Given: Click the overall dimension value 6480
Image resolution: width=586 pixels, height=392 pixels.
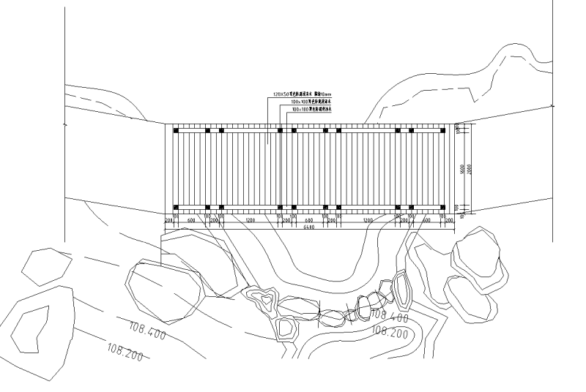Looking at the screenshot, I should click(308, 227).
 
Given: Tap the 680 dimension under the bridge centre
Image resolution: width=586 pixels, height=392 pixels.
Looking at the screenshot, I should click(308, 219).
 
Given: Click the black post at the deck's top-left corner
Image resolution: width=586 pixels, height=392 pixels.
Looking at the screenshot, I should click(176, 131).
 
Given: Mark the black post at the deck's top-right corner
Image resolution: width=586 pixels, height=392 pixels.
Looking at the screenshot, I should click(442, 131).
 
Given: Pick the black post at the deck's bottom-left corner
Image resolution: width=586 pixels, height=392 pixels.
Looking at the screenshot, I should click(176, 207).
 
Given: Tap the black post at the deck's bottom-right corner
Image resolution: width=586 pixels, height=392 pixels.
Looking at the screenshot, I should click(442, 207).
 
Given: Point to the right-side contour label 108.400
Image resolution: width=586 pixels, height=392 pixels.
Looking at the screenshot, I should click(390, 318).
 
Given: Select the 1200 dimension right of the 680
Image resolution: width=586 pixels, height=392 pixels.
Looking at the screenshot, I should click(368, 219).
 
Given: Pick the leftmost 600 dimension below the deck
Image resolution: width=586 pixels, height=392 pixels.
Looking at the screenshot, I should click(191, 219).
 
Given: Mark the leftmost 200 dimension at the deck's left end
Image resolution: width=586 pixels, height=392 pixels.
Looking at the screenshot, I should click(168, 219).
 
